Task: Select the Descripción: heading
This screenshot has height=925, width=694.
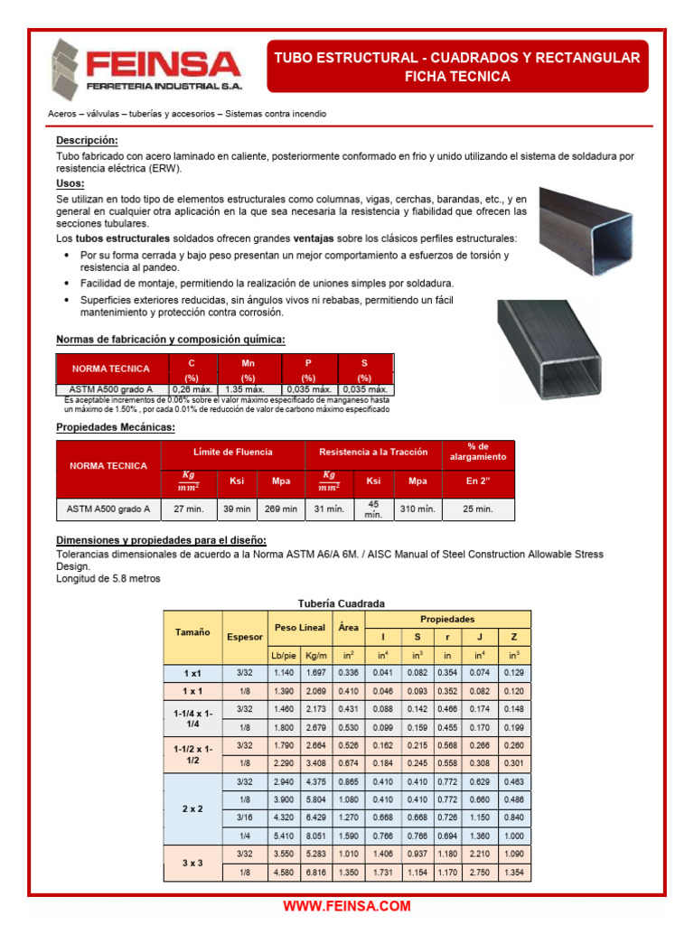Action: [x=87, y=141]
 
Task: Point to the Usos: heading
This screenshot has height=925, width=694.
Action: [x=70, y=183]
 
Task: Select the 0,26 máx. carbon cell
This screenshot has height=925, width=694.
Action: [x=191, y=389]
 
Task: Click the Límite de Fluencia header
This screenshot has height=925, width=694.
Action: [x=233, y=452]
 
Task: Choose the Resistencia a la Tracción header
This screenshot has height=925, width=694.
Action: [x=372, y=452]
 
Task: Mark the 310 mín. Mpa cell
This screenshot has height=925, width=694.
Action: [x=417, y=509]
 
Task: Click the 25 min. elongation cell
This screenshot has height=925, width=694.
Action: [x=477, y=509]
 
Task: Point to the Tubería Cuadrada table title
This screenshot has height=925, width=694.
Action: [x=342, y=603]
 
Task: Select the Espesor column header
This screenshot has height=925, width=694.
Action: [x=244, y=637]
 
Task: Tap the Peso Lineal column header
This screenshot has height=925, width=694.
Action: [x=299, y=627]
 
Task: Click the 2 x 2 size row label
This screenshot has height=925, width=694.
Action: [x=192, y=809]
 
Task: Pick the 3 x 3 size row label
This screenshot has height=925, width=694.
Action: [x=192, y=864]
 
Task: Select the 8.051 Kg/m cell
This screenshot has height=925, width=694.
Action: [x=316, y=836]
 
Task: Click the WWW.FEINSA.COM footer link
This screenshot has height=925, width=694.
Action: [x=347, y=906]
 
